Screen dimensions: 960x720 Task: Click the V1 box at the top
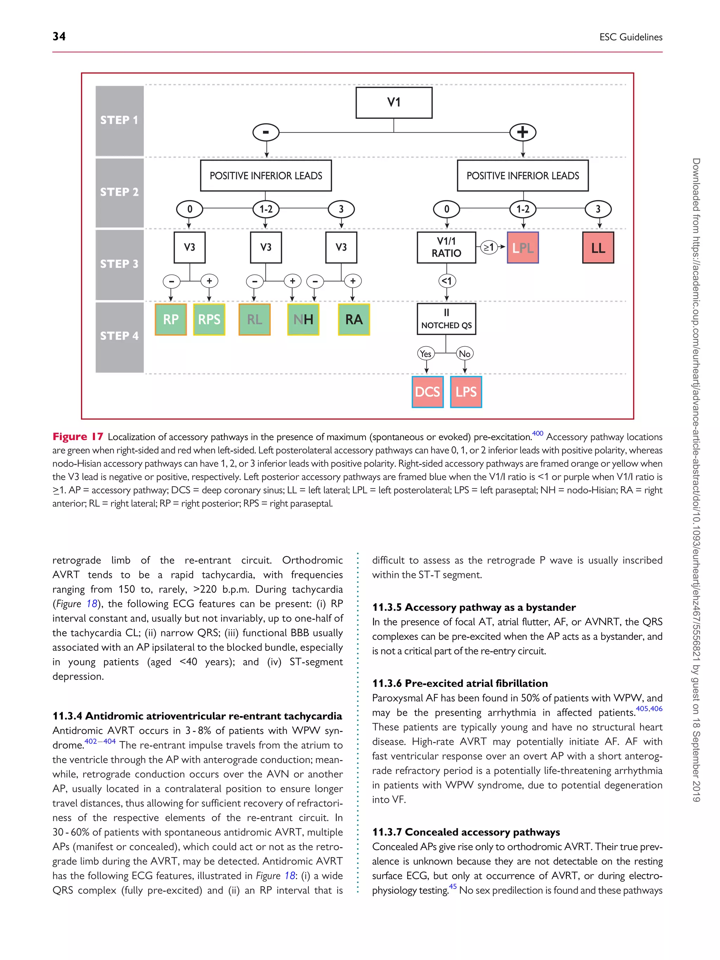click(x=394, y=102)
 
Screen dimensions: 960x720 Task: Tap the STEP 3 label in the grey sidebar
click(x=119, y=264)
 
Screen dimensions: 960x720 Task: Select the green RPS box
click(x=209, y=320)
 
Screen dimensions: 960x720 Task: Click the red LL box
click(x=598, y=248)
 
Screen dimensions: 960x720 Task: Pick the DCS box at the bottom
click(x=427, y=392)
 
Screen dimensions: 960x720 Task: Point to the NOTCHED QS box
click(x=446, y=319)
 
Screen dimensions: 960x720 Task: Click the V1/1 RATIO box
click(x=446, y=247)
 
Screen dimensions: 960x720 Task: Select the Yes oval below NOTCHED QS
click(x=426, y=354)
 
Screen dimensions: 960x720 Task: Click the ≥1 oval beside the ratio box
click(x=489, y=247)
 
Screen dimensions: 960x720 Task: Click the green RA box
click(x=354, y=320)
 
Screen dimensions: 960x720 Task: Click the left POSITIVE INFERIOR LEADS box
click(x=266, y=176)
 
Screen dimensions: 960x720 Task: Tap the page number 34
click(x=59, y=37)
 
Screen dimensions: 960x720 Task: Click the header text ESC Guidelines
click(x=631, y=37)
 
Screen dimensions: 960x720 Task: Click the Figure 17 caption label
click(x=78, y=437)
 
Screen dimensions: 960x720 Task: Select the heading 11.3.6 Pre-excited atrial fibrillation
click(x=459, y=683)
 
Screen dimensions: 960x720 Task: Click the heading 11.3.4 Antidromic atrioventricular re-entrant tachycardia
click(x=197, y=716)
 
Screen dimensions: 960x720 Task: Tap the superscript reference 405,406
click(x=649, y=709)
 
